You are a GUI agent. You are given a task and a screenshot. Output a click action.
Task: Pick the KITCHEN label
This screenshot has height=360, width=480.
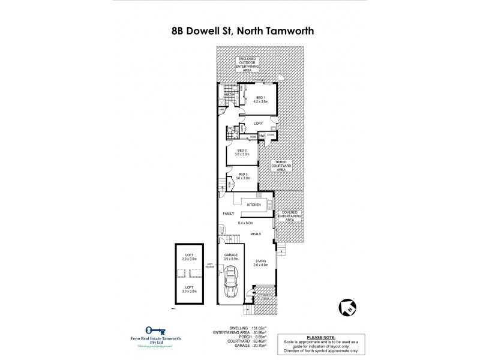coord(254,205)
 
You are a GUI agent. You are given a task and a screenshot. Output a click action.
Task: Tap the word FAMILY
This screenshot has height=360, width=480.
coord(229,214)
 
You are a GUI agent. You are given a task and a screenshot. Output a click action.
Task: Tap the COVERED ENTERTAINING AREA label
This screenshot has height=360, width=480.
coord(289,217)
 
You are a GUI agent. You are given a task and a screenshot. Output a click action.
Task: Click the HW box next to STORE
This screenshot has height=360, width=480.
coord(262,136)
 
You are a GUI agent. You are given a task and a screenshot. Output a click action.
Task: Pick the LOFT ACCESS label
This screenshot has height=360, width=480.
coord(210,265)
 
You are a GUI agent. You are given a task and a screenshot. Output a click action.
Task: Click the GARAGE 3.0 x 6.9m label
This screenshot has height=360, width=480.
coord(231,256)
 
